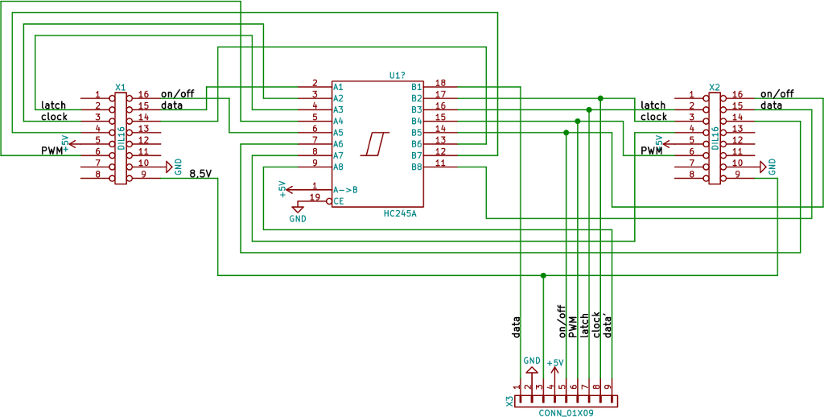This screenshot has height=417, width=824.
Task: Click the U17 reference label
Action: tap(397, 75)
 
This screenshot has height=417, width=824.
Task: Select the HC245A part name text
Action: tap(400, 213)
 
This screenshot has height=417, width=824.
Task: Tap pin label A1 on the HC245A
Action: tap(338, 86)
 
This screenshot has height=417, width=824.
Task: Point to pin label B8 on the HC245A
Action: tap(417, 167)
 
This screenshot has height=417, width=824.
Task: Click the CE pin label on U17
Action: tap(338, 200)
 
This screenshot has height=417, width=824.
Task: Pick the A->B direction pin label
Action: tap(345, 189)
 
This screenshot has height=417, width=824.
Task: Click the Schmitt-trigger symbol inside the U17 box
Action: tap(375, 144)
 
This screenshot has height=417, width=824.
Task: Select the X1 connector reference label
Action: tap(120, 87)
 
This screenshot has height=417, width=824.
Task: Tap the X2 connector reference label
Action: tap(714, 87)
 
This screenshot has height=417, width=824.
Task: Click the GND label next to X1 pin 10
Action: tap(178, 167)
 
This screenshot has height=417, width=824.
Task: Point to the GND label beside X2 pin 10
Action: tap(772, 167)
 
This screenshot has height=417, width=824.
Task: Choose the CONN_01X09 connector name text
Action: tap(566, 412)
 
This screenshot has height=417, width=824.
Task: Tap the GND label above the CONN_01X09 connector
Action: tap(531, 361)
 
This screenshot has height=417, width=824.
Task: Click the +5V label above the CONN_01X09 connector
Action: tap(554, 363)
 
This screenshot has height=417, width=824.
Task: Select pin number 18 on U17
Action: tap(440, 82)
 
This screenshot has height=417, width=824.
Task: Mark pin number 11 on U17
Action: tap(440, 163)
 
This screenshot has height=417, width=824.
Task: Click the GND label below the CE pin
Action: tap(298, 218)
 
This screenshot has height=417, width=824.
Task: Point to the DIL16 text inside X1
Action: tap(121, 138)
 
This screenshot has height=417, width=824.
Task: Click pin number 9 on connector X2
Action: tap(737, 174)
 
